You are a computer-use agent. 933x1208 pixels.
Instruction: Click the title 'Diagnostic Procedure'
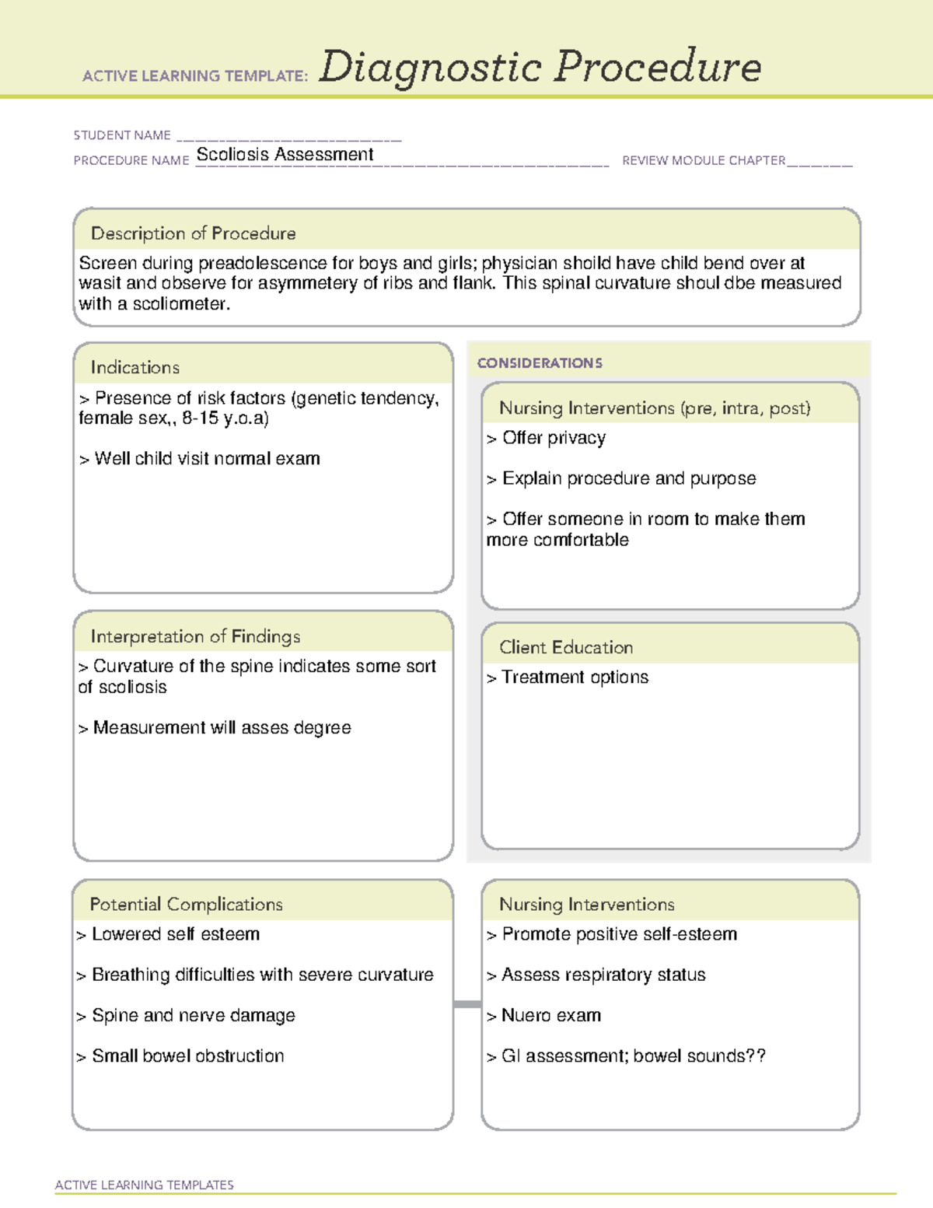(540, 67)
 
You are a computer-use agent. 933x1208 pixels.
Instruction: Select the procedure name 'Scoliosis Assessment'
(285, 155)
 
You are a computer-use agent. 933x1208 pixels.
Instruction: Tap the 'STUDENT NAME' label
(122, 135)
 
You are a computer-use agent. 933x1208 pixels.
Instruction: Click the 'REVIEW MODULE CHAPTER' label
(704, 160)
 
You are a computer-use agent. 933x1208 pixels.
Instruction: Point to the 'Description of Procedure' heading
(193, 233)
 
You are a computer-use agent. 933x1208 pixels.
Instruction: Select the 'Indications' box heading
(135, 367)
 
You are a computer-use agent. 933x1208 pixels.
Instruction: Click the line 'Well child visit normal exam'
(207, 459)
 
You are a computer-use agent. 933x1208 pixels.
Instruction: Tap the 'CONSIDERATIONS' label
(540, 363)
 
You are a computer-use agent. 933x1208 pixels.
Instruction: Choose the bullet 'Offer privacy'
(553, 438)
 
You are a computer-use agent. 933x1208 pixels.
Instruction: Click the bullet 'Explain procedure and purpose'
(628, 478)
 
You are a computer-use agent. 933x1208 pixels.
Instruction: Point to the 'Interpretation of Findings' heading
(195, 636)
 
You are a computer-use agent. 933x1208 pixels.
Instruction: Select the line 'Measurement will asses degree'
(222, 728)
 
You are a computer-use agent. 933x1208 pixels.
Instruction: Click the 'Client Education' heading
(566, 647)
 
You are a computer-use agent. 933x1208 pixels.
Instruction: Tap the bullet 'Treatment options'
(574, 678)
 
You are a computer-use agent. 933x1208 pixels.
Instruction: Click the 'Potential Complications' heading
(186, 904)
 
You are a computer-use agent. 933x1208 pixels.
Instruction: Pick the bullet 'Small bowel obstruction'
(187, 1056)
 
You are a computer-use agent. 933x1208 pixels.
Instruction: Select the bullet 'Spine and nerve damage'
(193, 1016)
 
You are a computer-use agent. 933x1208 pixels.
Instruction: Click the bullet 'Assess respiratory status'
(603, 975)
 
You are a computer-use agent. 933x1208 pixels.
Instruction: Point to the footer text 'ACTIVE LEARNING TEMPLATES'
(145, 1185)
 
